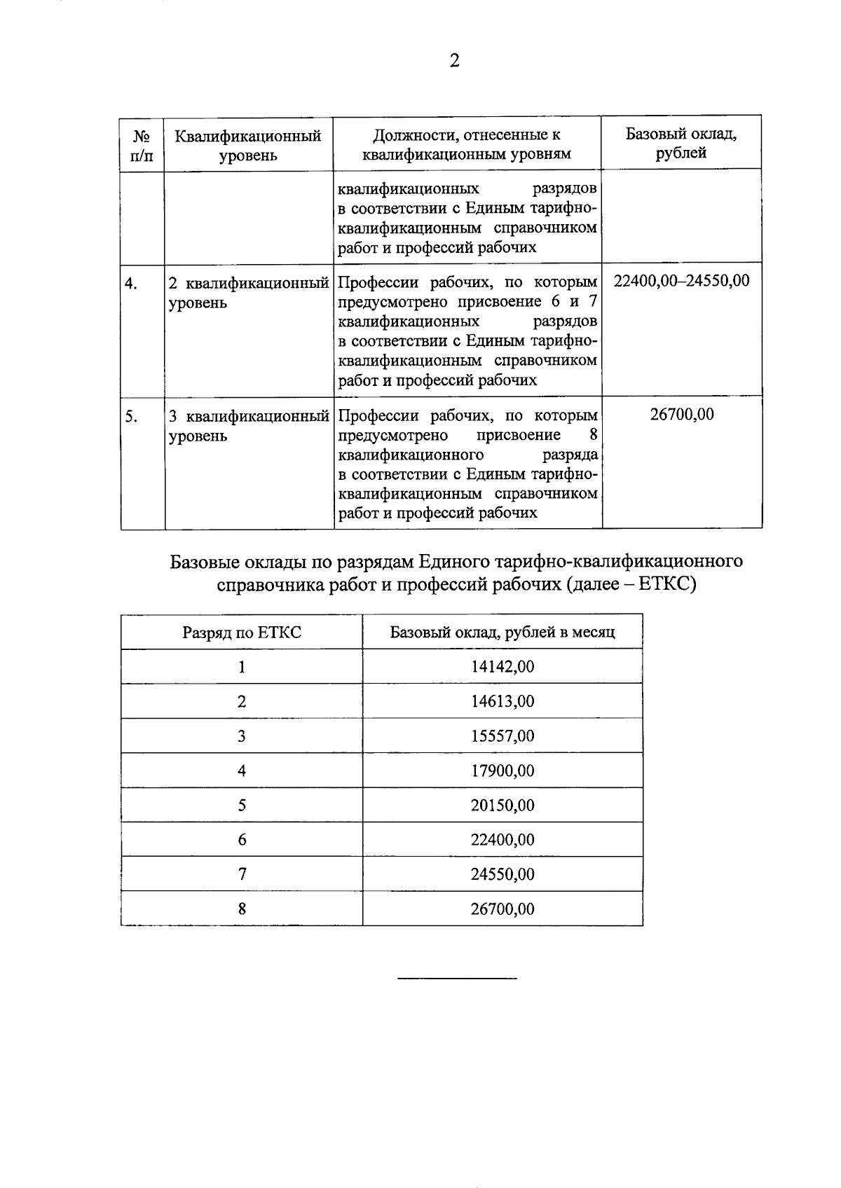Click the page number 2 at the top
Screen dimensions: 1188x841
(x=454, y=61)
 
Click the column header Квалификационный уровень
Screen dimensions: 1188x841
(x=247, y=145)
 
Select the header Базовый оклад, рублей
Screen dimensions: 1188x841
(x=681, y=143)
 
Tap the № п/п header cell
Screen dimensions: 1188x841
(x=142, y=145)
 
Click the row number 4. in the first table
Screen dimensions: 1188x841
(x=131, y=283)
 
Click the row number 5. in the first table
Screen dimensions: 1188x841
(x=131, y=416)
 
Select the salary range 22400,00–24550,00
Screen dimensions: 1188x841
(x=681, y=281)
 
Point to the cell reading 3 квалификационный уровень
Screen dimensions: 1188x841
(x=248, y=426)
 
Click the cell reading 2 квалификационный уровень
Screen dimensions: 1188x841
(x=248, y=293)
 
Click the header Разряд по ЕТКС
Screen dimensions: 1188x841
(x=242, y=633)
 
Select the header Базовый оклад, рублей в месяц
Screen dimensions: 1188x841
(x=502, y=633)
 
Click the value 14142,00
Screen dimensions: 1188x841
(x=502, y=667)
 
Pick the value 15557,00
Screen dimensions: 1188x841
(x=502, y=736)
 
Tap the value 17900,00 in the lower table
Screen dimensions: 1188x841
(x=502, y=771)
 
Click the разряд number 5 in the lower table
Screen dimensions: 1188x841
(x=242, y=805)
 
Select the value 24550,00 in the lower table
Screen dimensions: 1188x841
(x=502, y=874)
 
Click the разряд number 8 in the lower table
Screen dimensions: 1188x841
(x=242, y=909)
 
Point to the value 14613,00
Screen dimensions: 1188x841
(x=502, y=701)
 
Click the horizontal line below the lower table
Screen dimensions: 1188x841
(x=457, y=978)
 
